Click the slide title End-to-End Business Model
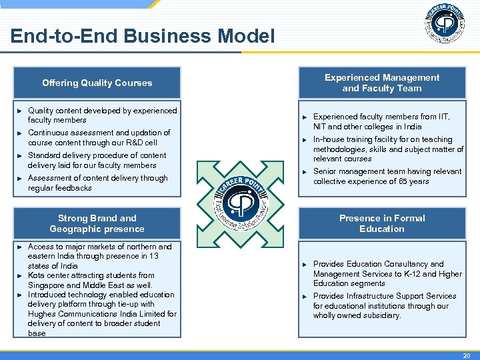(x=142, y=36)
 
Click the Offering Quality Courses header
(x=97, y=83)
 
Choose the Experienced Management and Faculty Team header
(x=381, y=83)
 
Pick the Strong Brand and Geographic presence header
(x=97, y=223)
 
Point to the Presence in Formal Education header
(x=381, y=223)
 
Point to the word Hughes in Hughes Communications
(x=41, y=314)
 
